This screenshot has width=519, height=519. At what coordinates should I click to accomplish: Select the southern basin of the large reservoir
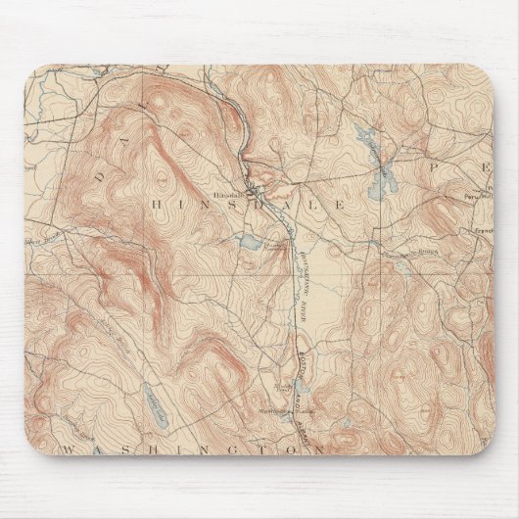point(382,180)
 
